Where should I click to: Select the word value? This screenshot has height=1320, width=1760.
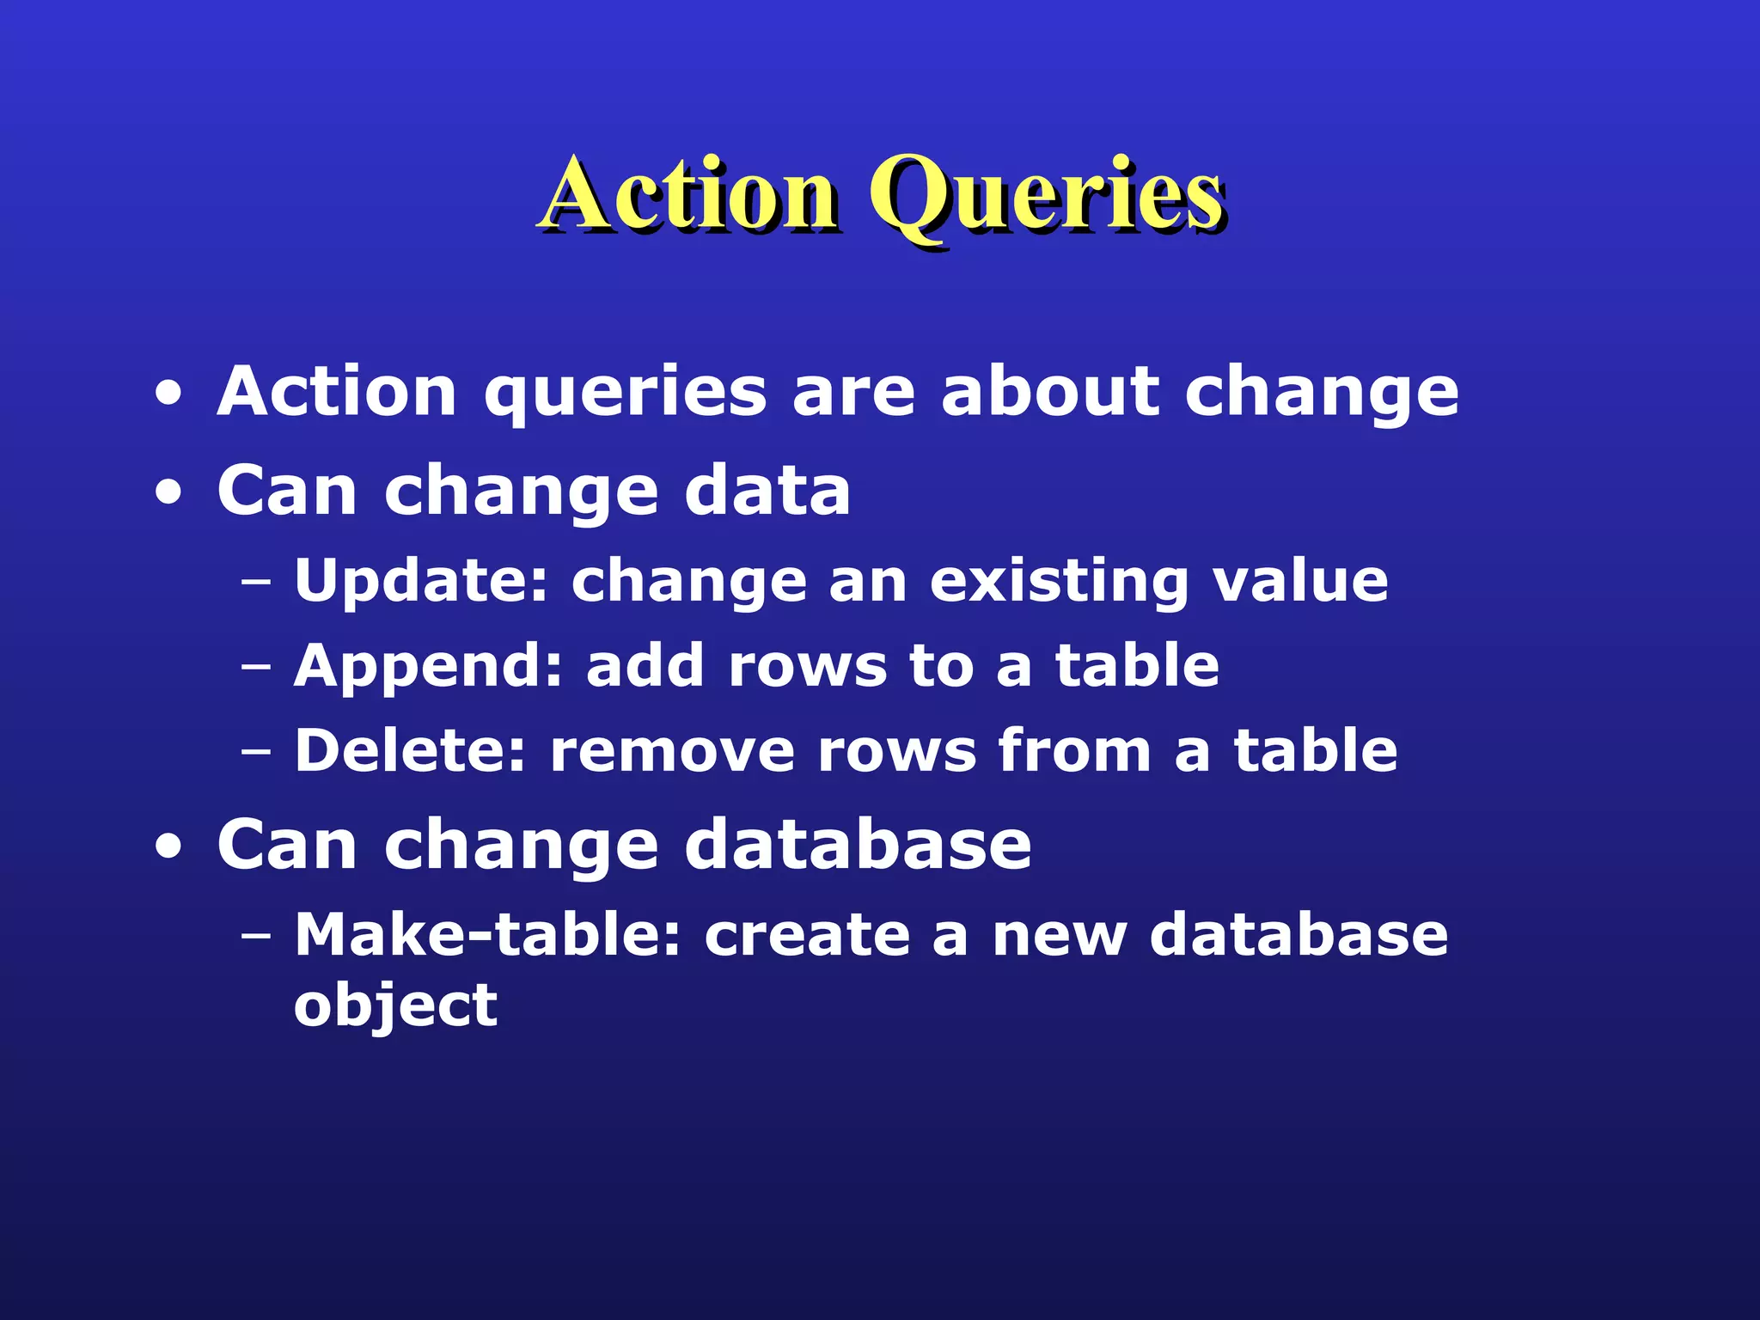click(x=1299, y=581)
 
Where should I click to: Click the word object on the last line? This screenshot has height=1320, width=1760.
click(x=395, y=1005)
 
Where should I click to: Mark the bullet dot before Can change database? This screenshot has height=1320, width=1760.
click(x=169, y=847)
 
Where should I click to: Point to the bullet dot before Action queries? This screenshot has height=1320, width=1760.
click(x=169, y=394)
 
